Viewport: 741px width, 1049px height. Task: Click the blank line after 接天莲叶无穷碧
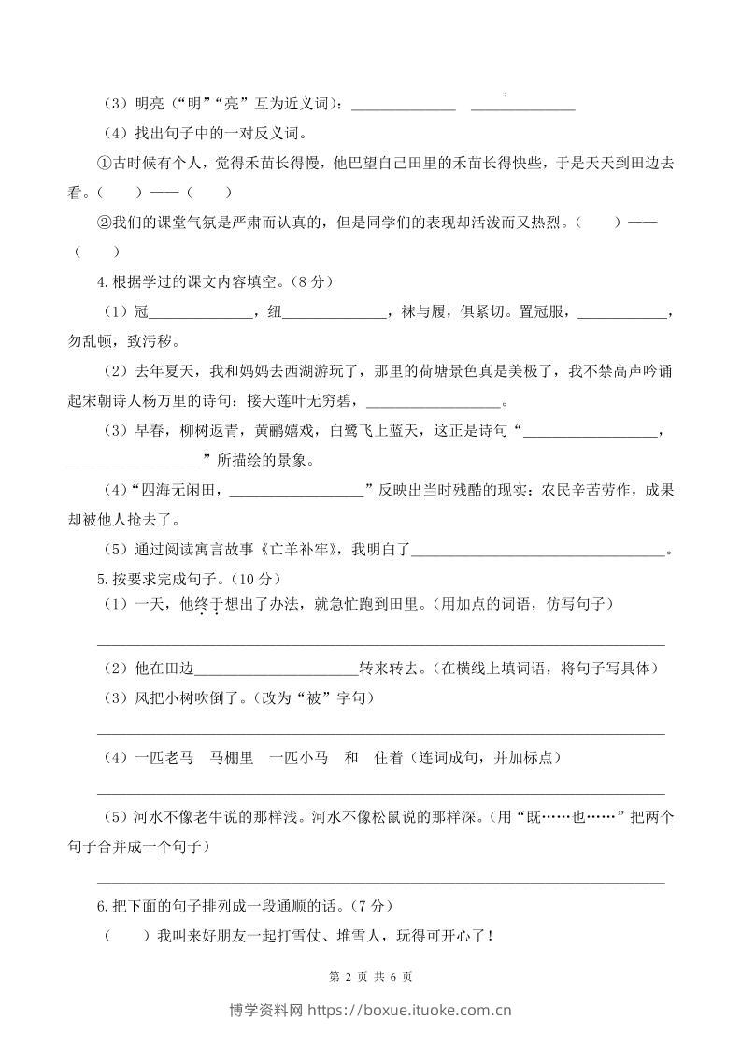tap(435, 404)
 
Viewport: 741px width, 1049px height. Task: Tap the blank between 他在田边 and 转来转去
tap(278, 668)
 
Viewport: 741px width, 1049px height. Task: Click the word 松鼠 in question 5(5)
tap(392, 816)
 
